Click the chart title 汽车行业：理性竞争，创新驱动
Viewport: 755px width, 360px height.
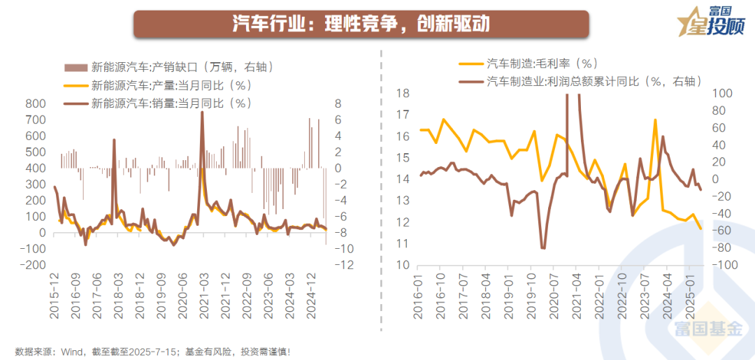361,24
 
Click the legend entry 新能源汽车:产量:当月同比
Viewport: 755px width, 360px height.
171,85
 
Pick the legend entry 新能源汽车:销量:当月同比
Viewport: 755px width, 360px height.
171,103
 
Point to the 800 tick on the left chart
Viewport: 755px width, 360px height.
35,103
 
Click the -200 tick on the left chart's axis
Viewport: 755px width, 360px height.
31,265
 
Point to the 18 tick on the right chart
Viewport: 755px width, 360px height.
403,93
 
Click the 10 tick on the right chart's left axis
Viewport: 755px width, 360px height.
403,265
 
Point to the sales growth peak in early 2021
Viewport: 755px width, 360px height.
202,113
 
